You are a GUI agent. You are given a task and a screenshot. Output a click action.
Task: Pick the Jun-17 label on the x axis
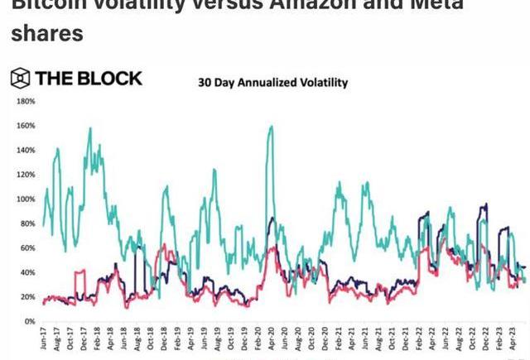(x=44, y=339)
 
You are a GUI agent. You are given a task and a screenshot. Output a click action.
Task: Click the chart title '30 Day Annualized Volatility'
(x=272, y=83)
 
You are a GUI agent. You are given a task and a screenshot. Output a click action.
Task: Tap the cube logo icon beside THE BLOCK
(x=21, y=79)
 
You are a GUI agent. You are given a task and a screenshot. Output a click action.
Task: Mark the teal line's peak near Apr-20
(x=271, y=126)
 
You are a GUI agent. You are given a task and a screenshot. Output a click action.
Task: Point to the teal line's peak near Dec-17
(x=89, y=128)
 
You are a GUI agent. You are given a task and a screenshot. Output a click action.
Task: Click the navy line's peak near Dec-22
(x=486, y=204)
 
